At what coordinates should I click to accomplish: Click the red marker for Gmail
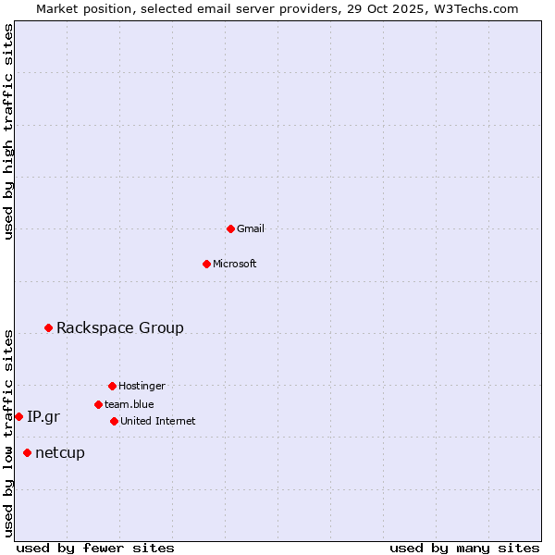pos(230,228)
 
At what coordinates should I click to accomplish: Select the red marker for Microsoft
pos(206,264)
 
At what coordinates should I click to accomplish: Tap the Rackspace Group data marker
pos(48,327)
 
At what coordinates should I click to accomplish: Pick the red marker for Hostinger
pos(112,386)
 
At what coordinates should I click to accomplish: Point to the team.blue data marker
pos(98,404)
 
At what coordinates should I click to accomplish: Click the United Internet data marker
pos(114,421)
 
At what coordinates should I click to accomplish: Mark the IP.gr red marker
pos(18,416)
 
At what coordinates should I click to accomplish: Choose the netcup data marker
pos(27,452)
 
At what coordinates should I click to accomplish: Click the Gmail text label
pos(251,228)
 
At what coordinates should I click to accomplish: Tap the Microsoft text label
pos(235,264)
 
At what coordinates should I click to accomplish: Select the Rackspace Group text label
pos(120,327)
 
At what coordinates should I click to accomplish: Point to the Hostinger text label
pos(142,386)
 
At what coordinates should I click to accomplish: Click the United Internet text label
pos(158,421)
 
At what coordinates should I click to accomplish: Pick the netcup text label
pos(60,452)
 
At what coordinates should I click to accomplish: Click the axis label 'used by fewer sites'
pos(95,548)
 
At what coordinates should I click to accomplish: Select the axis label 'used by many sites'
pos(464,548)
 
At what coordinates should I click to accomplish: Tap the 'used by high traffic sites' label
pos(9,131)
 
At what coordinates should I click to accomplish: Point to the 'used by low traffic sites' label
pos(9,433)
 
